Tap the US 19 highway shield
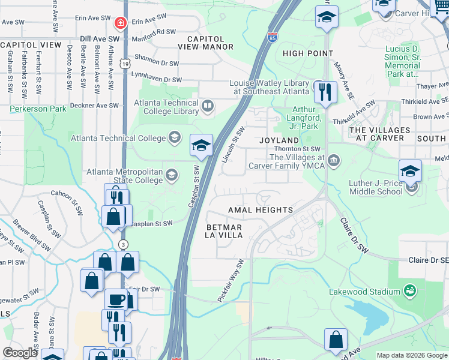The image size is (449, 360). pos(124,62)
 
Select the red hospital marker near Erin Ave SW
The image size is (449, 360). pos(119,23)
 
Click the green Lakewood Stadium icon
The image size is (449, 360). pos(411,292)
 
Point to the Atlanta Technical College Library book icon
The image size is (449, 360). pos(208,107)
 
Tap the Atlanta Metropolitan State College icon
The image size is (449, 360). pos(171,175)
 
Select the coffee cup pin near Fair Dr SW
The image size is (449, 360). pos(116,299)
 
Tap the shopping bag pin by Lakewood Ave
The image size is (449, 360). pos(336,340)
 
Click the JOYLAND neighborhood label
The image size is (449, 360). pos(279,140)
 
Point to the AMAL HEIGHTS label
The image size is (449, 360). pos(260,210)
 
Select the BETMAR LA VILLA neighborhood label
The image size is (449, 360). pos(224,231)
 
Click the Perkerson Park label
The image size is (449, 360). pos(38,109)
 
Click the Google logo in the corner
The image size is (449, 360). pos(20,352)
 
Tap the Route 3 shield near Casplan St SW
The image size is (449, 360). pos(122,244)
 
